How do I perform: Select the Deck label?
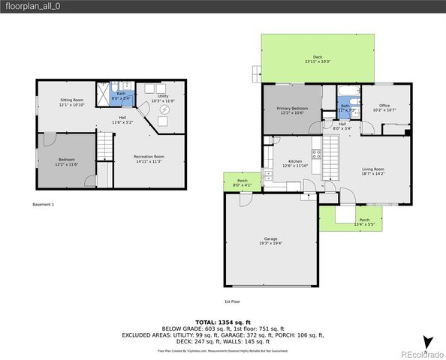coord(318,59)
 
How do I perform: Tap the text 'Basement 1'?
coord(44,204)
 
